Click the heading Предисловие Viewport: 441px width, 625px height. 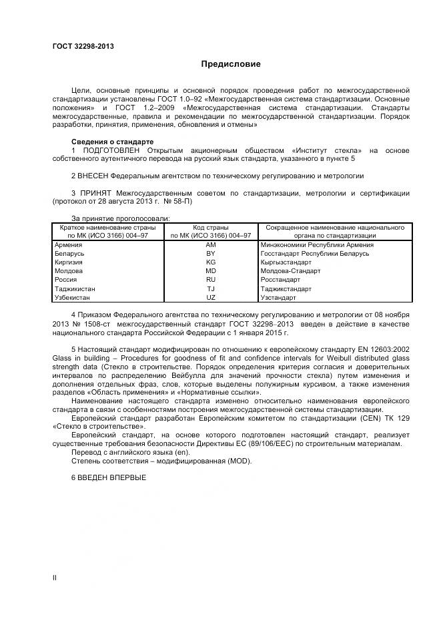coord(231,64)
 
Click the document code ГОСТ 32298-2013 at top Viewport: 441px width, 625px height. coord(83,45)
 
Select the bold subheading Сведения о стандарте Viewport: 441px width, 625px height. coord(112,142)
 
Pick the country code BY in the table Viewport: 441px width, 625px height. coord(211,254)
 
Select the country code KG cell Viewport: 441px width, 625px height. coord(211,262)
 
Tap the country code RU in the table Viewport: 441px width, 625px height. coord(211,280)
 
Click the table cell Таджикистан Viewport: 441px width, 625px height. coord(74,288)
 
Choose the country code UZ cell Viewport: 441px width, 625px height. coord(211,297)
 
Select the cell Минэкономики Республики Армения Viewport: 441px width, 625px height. coord(317,245)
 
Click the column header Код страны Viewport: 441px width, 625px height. coord(211,228)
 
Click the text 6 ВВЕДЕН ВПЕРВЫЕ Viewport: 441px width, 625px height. coord(108,477)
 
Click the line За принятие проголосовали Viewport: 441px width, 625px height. coord(120,218)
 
